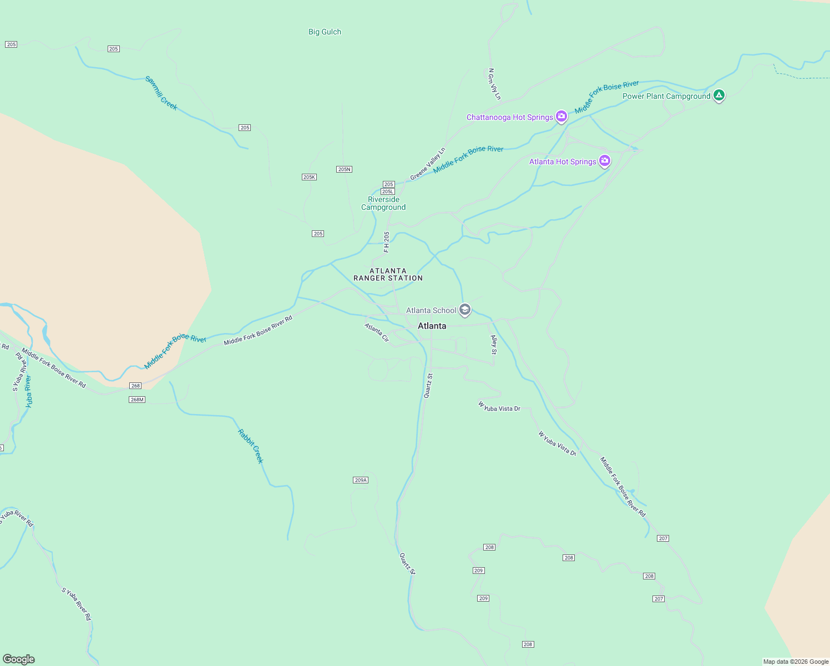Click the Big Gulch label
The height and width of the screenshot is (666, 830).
pyautogui.click(x=325, y=32)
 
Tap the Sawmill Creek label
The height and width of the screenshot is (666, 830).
pyautogui.click(x=161, y=93)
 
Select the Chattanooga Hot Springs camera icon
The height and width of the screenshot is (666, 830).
pyautogui.click(x=561, y=117)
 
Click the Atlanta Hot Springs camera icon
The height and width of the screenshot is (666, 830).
pyautogui.click(x=605, y=161)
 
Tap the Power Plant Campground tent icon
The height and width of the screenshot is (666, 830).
pyautogui.click(x=718, y=95)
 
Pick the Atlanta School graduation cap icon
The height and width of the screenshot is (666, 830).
pyautogui.click(x=465, y=310)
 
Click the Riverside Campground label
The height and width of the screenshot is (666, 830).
pyautogui.click(x=383, y=203)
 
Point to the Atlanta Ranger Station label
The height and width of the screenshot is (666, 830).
pyautogui.click(x=388, y=275)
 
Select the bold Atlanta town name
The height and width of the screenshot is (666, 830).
pyautogui.click(x=432, y=326)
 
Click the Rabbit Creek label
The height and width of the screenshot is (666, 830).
pyautogui.click(x=251, y=446)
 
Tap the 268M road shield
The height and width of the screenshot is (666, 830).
pyautogui.click(x=136, y=400)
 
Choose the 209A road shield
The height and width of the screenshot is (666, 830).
pyautogui.click(x=361, y=480)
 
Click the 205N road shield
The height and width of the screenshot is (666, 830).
pyautogui.click(x=344, y=169)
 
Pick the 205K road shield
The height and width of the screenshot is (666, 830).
pyautogui.click(x=309, y=177)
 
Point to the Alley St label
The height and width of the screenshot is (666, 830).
pyautogui.click(x=494, y=345)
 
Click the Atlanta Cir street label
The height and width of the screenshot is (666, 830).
pyautogui.click(x=377, y=332)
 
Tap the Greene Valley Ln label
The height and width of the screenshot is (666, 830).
pyautogui.click(x=428, y=164)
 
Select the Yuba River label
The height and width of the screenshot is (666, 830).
pyautogui.click(x=28, y=392)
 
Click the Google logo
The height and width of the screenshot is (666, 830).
pyautogui.click(x=19, y=659)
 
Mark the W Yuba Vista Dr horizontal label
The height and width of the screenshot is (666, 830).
pyautogui.click(x=499, y=407)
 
